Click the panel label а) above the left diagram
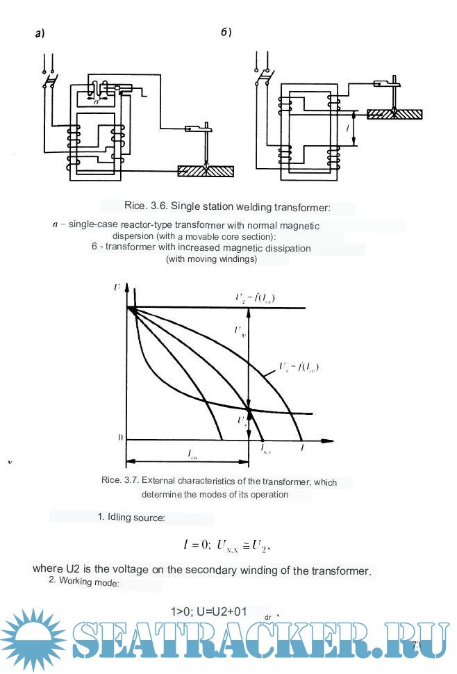click(x=40, y=33)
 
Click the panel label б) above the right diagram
click(x=226, y=33)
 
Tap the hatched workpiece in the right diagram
click(x=394, y=113)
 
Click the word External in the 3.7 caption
click(x=160, y=482)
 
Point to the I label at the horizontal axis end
click(x=301, y=450)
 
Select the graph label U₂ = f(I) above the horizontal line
click(x=255, y=298)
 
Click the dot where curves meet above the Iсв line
click(x=249, y=408)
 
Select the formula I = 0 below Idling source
click(x=197, y=545)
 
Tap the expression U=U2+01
click(x=209, y=612)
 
